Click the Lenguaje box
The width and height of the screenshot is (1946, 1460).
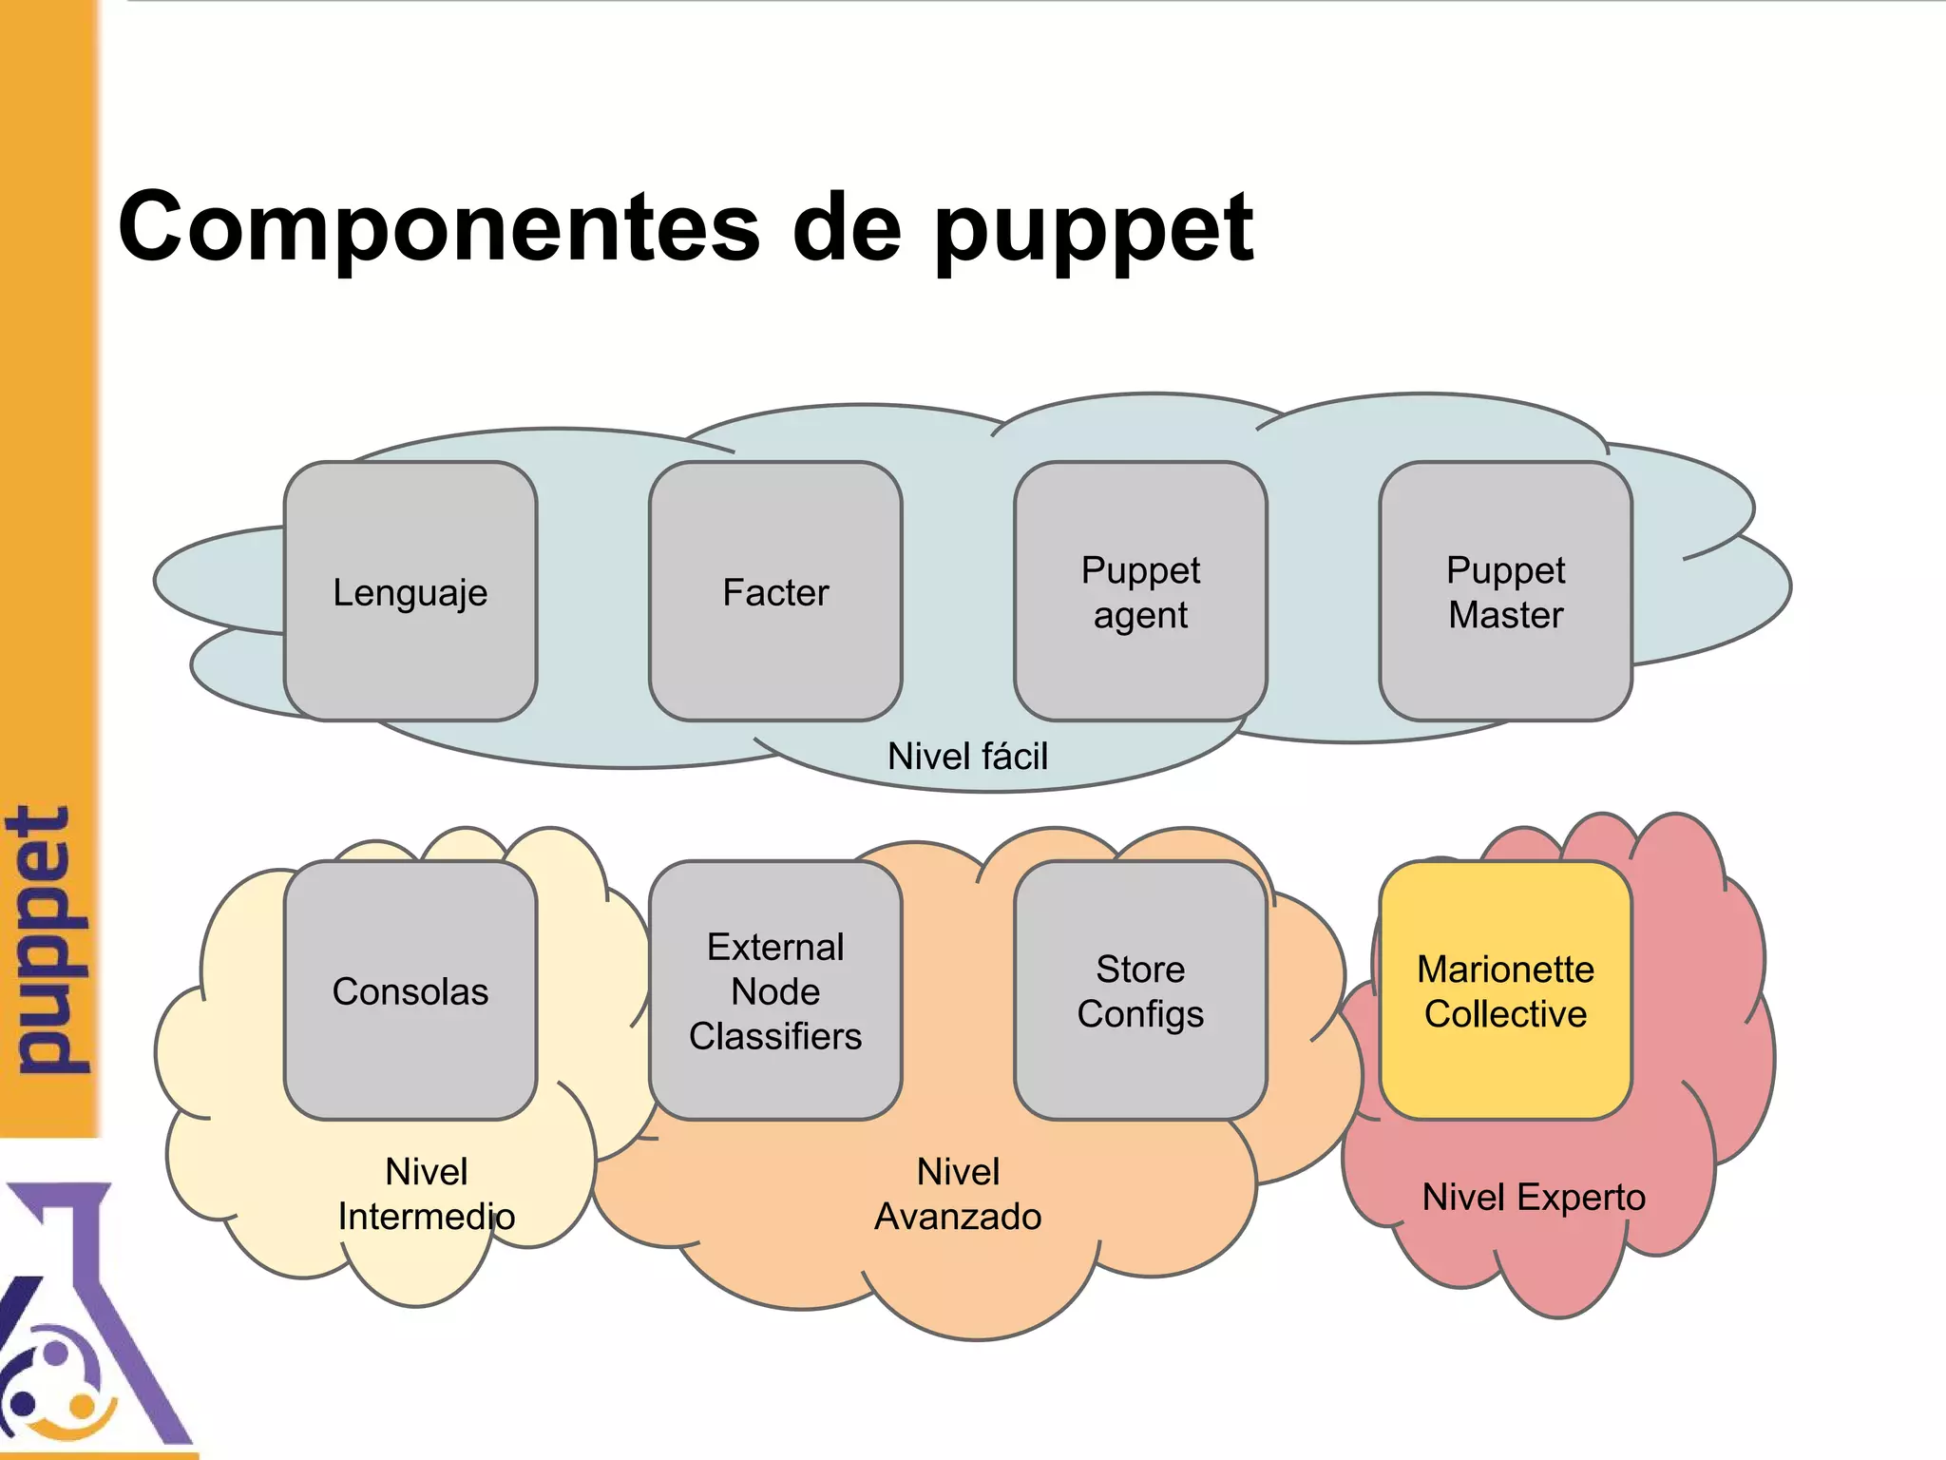[x=410, y=591]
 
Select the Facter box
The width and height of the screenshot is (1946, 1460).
[x=775, y=591]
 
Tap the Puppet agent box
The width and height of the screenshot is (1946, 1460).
[x=1140, y=591]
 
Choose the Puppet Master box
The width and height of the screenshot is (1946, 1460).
[x=1505, y=591]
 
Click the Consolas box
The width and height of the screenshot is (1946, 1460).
[x=410, y=990]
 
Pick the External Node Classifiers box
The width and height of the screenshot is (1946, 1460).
[x=775, y=990]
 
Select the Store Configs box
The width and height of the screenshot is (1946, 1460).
[x=1140, y=990]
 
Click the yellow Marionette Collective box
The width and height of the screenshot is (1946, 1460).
[x=1505, y=990]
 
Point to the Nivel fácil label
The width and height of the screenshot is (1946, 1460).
[x=967, y=757]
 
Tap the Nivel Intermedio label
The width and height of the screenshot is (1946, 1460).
[x=427, y=1194]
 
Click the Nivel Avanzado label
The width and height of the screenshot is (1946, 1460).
[x=958, y=1194]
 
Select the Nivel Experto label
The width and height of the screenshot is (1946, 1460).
[x=1534, y=1197]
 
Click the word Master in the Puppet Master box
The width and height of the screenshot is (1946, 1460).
[x=1505, y=615]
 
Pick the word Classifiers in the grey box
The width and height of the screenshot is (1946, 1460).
[x=775, y=1036]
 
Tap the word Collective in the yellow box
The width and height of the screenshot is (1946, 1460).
[x=1505, y=1014]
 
